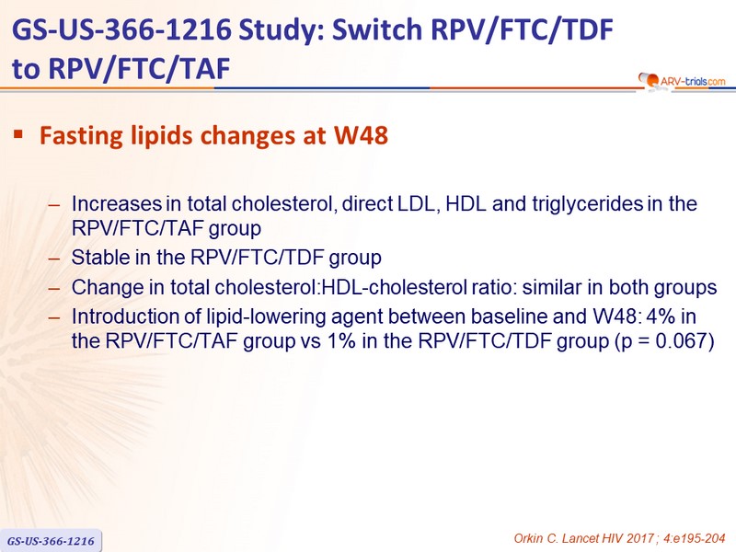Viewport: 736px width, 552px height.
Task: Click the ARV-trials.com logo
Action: (x=682, y=81)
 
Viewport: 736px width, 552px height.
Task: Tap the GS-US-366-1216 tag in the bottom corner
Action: (x=51, y=541)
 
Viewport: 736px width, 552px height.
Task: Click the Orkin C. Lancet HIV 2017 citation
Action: (x=619, y=538)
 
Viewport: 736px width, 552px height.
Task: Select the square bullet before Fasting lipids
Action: (x=18, y=134)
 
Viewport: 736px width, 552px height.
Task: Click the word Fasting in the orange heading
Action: (x=81, y=135)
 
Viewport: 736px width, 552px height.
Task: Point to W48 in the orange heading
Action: (x=361, y=135)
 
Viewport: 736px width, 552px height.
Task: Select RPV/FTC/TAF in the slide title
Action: (x=139, y=68)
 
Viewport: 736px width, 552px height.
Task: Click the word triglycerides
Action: (x=587, y=204)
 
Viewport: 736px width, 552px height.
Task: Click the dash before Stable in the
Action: (x=54, y=259)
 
